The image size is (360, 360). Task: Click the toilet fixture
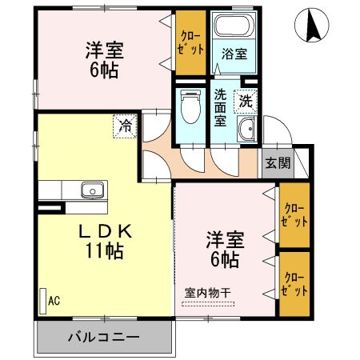(189, 106)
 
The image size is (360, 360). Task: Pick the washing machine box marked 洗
(245, 102)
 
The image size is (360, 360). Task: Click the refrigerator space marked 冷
(125, 125)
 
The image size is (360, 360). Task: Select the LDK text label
(104, 230)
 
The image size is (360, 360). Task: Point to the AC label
(54, 301)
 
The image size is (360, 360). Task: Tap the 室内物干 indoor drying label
(207, 293)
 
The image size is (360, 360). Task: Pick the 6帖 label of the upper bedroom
(103, 70)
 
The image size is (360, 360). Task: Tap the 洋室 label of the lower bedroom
(224, 239)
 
